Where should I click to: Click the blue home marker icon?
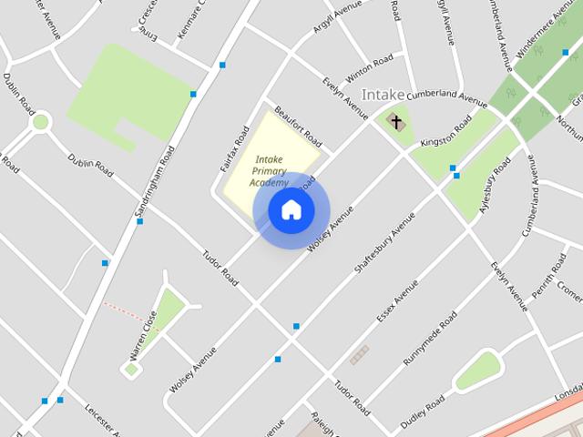click(x=291, y=210)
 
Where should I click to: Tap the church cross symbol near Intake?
click(x=396, y=120)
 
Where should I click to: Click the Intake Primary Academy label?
click(x=269, y=170)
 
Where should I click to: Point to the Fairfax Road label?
click(x=235, y=147)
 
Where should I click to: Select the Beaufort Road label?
click(x=298, y=127)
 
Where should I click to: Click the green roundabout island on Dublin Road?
click(x=40, y=121)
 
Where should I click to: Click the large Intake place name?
click(x=383, y=95)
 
